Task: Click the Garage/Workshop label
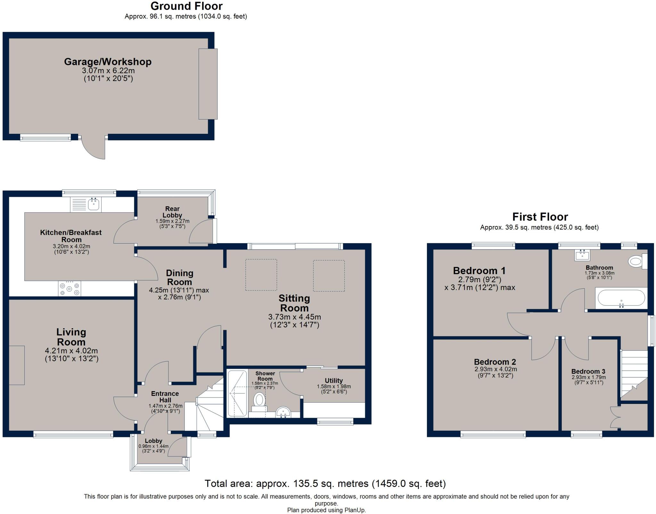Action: point(108,61)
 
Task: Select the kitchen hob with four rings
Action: point(70,288)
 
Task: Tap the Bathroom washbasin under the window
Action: point(582,255)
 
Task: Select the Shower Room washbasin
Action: point(283,412)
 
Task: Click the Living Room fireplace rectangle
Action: point(17,365)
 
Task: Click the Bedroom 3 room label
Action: point(588,372)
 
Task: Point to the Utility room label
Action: point(333,381)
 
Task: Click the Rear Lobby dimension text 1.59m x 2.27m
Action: point(172,221)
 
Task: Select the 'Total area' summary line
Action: point(325,483)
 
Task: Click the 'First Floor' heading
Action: point(540,217)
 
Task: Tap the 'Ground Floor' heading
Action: point(186,6)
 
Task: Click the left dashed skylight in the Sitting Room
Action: point(261,275)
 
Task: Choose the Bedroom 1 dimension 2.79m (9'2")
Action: point(480,279)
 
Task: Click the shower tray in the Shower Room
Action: point(237,393)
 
